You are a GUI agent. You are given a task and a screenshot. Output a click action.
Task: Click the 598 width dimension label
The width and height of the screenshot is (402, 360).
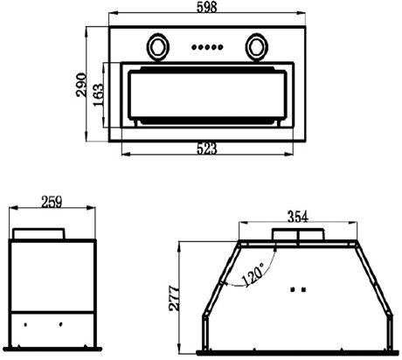pos(207,7)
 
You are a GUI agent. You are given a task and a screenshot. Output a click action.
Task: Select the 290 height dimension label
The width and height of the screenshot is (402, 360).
pos(81,85)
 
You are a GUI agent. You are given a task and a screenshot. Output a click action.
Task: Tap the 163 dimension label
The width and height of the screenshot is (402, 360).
pos(99,95)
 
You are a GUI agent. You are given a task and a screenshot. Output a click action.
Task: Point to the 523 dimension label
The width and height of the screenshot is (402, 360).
pos(207,149)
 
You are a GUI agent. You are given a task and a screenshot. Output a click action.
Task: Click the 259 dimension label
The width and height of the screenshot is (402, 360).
pos(52,202)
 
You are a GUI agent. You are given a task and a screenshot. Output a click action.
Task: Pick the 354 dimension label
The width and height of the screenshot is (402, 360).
pos(298,217)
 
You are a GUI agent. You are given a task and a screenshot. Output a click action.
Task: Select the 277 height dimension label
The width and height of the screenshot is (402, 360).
pos(175,299)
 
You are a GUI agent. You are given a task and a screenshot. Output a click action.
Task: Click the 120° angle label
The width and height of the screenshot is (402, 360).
pos(253,275)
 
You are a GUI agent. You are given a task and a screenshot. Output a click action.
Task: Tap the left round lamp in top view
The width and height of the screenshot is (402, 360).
pos(158,47)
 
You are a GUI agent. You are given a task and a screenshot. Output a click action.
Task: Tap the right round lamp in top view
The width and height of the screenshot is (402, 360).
pos(256,47)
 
